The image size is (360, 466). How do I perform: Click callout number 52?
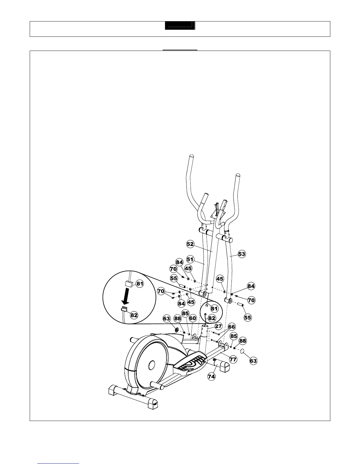coord(190,244)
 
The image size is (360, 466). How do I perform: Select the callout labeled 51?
coord(190,259)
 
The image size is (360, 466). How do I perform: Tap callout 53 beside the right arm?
coord(242,254)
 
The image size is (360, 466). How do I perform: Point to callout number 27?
coord(218,326)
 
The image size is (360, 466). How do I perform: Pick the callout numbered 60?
coord(192,318)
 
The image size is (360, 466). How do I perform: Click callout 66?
coord(232,327)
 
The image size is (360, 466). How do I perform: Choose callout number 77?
coord(233,359)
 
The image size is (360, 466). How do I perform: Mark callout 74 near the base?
coord(211,376)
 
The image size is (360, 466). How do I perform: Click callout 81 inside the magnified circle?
coord(140,284)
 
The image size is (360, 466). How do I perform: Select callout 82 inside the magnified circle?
coord(134,315)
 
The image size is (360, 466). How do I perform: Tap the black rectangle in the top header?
coord(180,26)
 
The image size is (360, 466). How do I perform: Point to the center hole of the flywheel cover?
coord(152,365)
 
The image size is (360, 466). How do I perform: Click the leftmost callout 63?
coord(166,319)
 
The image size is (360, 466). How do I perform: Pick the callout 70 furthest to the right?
coord(251,300)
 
